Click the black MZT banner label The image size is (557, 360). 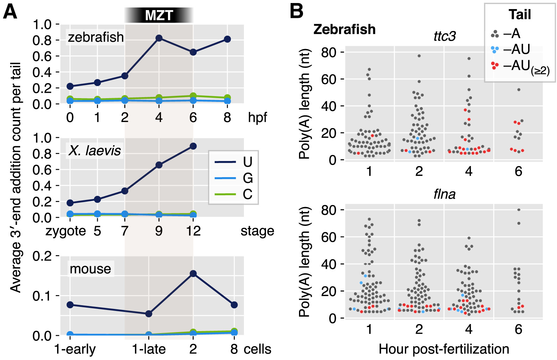[159, 15]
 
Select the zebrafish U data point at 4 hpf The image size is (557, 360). [159, 38]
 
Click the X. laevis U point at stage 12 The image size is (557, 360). [193, 146]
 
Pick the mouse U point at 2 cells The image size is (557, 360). [193, 274]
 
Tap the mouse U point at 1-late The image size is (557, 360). [148, 314]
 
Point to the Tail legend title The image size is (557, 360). [519, 15]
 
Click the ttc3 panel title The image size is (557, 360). [444, 36]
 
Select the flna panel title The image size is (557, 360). [444, 194]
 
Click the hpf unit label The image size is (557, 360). [257, 118]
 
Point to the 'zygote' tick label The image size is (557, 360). [66, 231]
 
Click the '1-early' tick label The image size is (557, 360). [75, 349]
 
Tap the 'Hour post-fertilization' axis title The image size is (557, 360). [444, 349]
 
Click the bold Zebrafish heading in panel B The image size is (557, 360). [344, 30]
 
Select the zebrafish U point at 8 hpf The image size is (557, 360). [227, 39]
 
